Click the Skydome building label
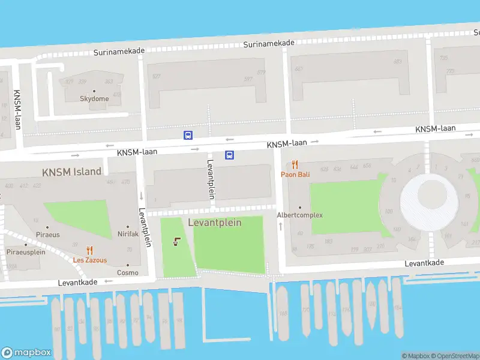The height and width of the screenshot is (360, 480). (95, 99)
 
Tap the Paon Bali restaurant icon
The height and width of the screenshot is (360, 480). (295, 164)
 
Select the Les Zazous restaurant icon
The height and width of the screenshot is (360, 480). (89, 251)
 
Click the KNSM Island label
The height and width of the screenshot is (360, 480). (71, 172)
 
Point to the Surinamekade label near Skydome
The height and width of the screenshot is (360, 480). (119, 52)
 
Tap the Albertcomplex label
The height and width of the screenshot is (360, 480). (299, 215)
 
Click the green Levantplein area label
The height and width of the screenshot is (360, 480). (215, 223)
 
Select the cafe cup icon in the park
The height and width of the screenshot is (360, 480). (176, 242)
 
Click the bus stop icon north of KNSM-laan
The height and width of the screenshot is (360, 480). (188, 135)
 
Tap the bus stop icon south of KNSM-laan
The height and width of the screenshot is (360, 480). (229, 155)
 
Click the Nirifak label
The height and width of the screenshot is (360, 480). (128, 233)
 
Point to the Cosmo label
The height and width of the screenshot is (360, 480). (127, 272)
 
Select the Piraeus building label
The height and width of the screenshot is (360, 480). (48, 235)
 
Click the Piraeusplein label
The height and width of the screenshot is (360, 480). (26, 253)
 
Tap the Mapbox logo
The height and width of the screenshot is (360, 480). (26, 353)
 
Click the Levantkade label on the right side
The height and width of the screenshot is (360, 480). (424, 263)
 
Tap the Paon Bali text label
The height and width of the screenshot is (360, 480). (295, 175)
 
